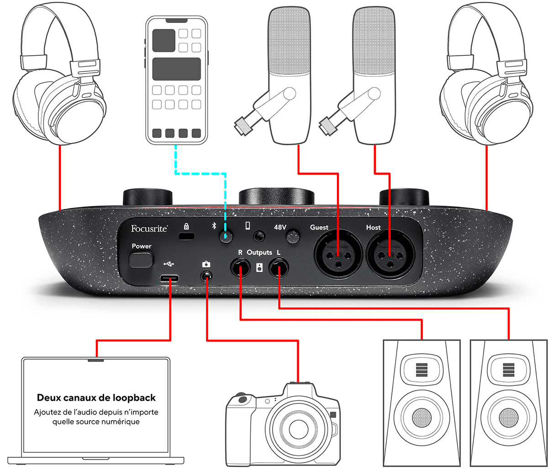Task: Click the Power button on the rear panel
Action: pyautogui.click(x=142, y=260)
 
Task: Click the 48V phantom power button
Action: pyautogui.click(x=293, y=236)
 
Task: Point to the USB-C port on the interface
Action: pyautogui.click(x=170, y=278)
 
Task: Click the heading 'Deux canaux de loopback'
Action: pyautogui.click(x=96, y=397)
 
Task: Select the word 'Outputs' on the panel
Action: pyautogui.click(x=259, y=252)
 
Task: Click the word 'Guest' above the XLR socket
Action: pyautogui.click(x=319, y=227)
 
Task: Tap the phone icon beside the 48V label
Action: pyautogui.click(x=248, y=226)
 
